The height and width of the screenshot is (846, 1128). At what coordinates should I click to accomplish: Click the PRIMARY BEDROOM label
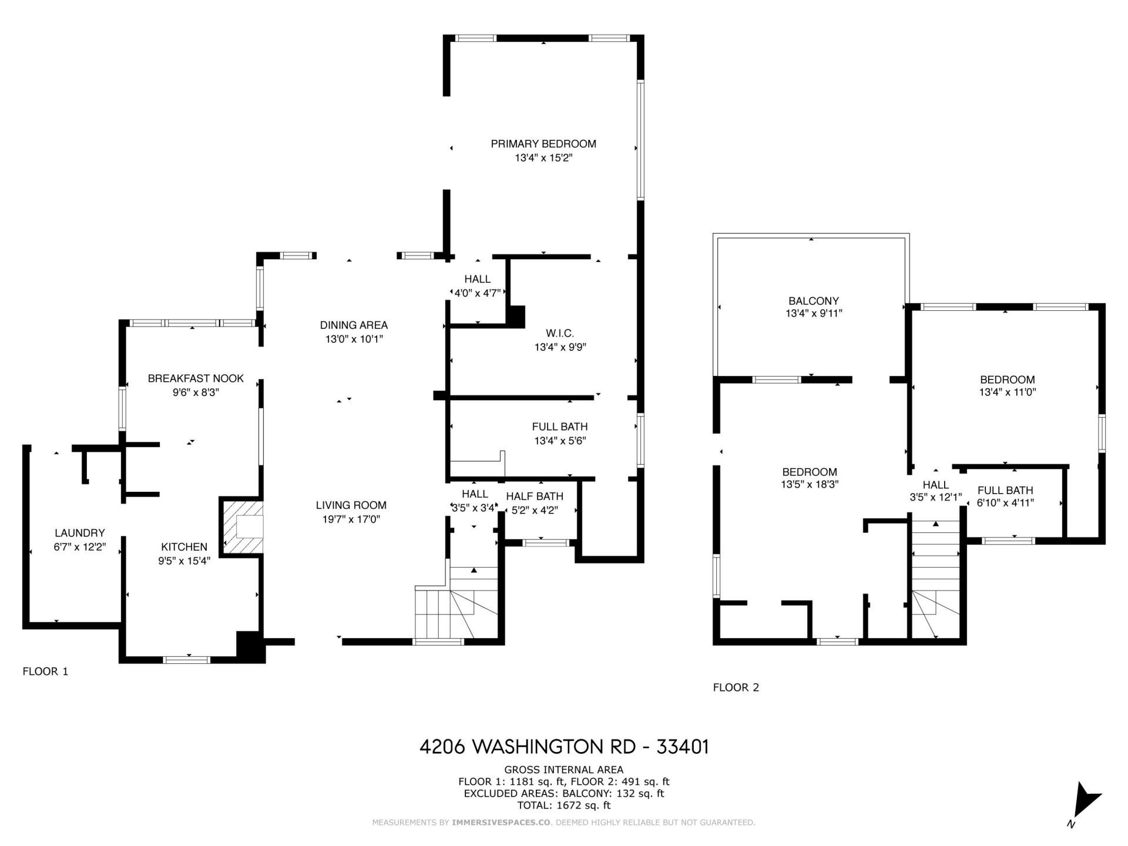click(x=543, y=144)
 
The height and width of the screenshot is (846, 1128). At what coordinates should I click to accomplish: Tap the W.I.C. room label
click(x=560, y=333)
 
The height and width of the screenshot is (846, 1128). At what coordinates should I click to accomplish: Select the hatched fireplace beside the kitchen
click(x=241, y=526)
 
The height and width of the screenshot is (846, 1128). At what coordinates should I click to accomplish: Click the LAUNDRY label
click(x=79, y=533)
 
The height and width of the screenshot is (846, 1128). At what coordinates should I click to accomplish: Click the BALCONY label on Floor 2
click(x=814, y=301)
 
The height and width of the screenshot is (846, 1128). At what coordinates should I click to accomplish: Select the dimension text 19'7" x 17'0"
click(x=351, y=519)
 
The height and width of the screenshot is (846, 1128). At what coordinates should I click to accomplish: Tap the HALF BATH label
click(x=534, y=496)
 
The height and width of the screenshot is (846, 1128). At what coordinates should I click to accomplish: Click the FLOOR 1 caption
click(x=45, y=671)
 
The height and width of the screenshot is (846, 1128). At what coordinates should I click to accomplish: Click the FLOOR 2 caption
click(x=736, y=687)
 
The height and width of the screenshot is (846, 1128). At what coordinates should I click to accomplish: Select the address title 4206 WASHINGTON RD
click(x=564, y=747)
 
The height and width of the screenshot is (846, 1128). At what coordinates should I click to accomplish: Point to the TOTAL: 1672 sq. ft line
click(x=564, y=805)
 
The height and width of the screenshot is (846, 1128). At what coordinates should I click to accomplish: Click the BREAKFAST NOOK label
click(x=196, y=378)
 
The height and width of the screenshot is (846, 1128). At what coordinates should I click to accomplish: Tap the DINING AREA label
click(x=354, y=325)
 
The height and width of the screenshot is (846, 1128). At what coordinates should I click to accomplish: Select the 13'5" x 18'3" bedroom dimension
click(x=810, y=485)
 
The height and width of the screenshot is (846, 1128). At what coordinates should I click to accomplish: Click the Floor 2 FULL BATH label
click(x=1005, y=490)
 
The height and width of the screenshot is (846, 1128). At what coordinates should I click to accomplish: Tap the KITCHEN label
click(x=184, y=547)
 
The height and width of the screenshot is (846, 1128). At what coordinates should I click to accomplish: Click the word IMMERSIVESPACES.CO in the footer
click(x=501, y=822)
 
